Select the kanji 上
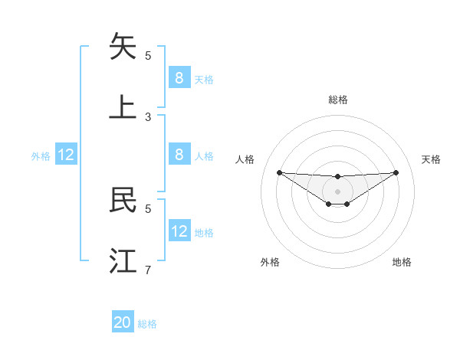123,107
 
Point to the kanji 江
123,260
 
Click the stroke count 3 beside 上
148,116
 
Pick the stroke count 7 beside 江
148,270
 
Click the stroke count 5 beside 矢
148,55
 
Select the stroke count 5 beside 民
148,208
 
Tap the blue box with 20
123,322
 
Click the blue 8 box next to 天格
179,77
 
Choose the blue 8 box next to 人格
179,155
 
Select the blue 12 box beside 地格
179,231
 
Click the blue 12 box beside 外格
66,155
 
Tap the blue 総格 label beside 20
147,324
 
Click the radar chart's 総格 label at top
337,100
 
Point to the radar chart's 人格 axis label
245,159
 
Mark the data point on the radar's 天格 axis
396,172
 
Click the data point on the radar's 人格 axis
279,172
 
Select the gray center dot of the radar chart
337,191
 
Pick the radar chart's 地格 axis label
402,262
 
